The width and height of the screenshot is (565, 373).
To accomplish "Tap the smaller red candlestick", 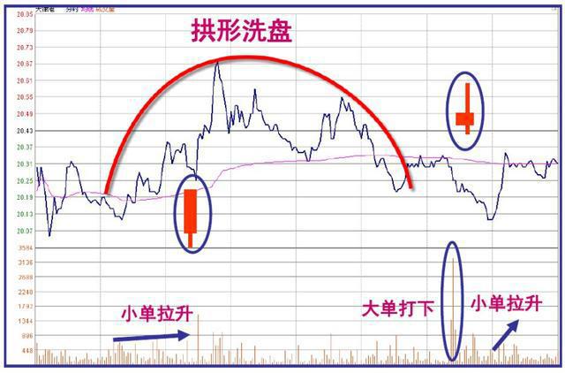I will pos(465,117).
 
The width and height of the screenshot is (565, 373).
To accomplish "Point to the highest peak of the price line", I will pos(217,64).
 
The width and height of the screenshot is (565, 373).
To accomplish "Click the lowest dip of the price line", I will pos(49,234).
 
